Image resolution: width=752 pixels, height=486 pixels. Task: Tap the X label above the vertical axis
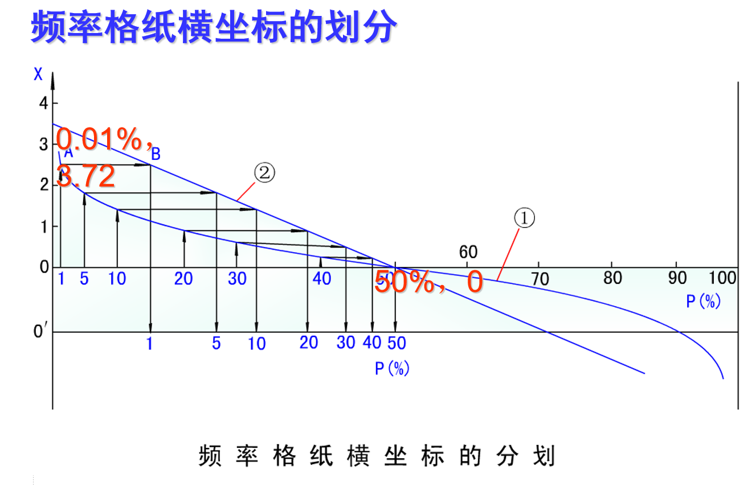(x=38, y=74)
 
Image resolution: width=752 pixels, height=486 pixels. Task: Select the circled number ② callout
(x=264, y=173)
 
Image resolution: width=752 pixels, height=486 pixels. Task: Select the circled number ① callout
(x=525, y=218)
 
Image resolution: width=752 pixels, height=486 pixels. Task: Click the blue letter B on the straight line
(x=156, y=154)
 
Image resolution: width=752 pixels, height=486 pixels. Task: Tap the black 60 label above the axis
(x=468, y=252)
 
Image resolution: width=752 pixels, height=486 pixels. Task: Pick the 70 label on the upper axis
(x=540, y=279)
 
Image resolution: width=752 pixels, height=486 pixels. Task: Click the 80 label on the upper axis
(x=612, y=277)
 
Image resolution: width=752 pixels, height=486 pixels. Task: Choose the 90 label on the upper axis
(x=677, y=278)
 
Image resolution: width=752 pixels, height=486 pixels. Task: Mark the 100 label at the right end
(x=722, y=278)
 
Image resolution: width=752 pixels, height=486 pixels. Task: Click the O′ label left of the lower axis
(x=39, y=332)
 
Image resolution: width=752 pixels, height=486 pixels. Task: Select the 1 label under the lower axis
(x=150, y=344)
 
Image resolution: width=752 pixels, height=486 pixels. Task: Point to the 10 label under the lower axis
(x=257, y=344)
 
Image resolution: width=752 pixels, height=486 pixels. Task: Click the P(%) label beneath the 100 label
(x=704, y=301)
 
